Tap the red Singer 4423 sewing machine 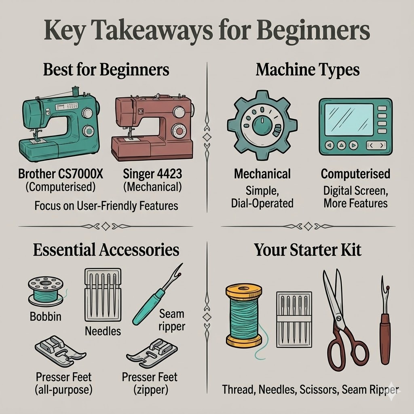tap(152, 127)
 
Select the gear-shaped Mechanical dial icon tap(262, 125)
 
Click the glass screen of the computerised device tap(349, 120)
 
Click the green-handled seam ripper tap(157, 294)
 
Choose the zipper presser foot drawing tap(152, 353)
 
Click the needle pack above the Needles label tap(103, 295)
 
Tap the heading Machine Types tap(308, 70)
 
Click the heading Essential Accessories tap(106, 250)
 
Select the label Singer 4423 tap(152, 174)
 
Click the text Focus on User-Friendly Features tap(106, 206)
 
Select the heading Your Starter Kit tap(308, 250)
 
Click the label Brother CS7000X tap(61, 174)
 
